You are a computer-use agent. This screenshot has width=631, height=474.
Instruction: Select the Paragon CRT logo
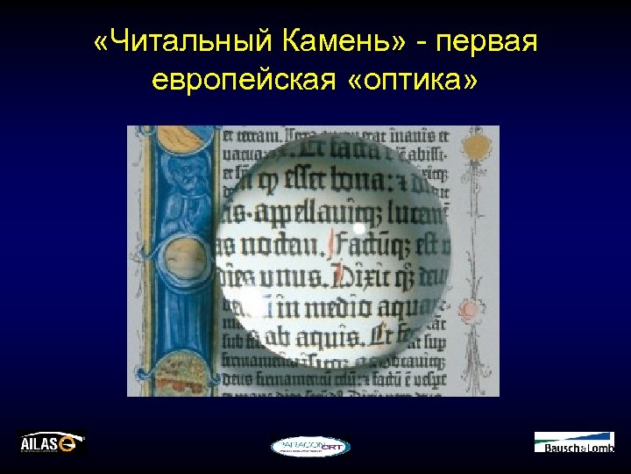310,446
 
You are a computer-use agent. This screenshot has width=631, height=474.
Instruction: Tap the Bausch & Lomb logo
574,442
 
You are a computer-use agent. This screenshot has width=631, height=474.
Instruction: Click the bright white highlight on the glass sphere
358,229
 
